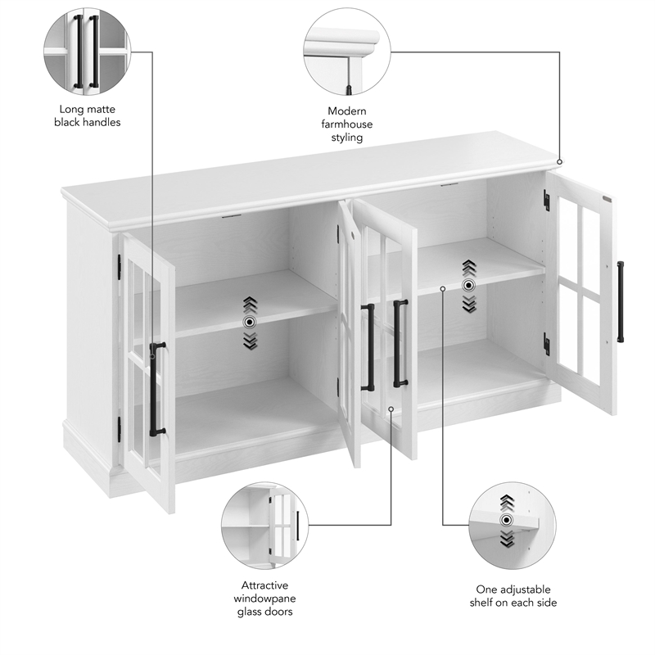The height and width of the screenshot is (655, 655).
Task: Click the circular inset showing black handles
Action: pyautogui.click(x=87, y=51)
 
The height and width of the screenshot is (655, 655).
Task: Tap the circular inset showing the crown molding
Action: pyautogui.click(x=347, y=51)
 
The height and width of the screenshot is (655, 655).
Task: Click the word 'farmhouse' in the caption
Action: pyautogui.click(x=347, y=124)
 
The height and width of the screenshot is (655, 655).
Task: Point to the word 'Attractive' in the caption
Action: pyautogui.click(x=264, y=585)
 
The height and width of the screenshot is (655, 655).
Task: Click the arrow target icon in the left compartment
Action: pyautogui.click(x=251, y=323)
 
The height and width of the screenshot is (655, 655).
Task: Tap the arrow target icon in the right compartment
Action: pyautogui.click(x=468, y=286)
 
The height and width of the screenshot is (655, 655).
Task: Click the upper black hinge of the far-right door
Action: pyautogui.click(x=546, y=201)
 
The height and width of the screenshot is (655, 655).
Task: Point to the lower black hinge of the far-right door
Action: pyautogui.click(x=546, y=345)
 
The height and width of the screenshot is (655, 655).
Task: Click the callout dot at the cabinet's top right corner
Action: pyautogui.click(x=560, y=162)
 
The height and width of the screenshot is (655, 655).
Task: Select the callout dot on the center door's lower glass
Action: pyautogui.click(x=391, y=409)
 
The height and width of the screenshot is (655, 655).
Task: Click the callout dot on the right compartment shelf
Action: pyautogui.click(x=442, y=288)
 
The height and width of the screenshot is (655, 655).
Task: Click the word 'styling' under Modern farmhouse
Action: pyautogui.click(x=347, y=138)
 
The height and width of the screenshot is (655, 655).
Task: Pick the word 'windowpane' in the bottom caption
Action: pyautogui.click(x=264, y=599)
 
